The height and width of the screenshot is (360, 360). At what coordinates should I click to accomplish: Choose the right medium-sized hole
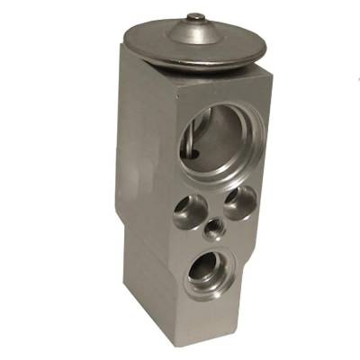click(240, 200)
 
